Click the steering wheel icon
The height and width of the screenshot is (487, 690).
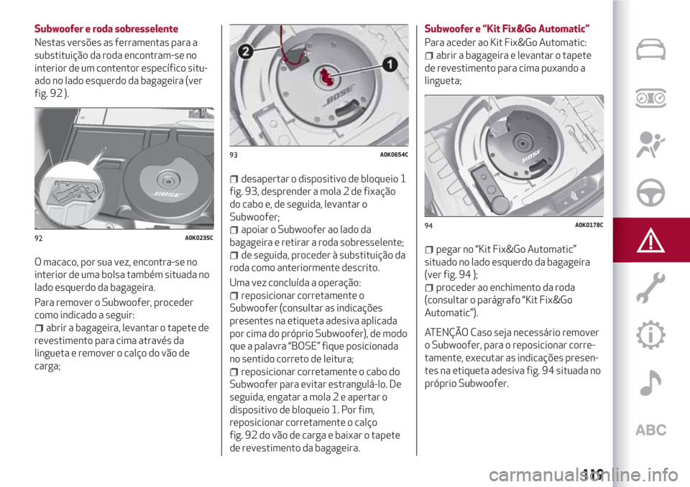click(x=651, y=192)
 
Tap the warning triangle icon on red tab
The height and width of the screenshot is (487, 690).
click(x=651, y=239)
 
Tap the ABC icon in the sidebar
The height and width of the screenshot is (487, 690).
click(x=651, y=430)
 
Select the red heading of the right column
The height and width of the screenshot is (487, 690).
click(x=507, y=29)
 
